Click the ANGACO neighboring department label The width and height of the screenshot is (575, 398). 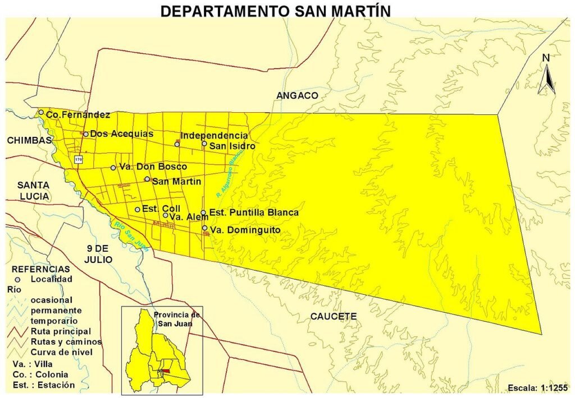(x=297, y=96)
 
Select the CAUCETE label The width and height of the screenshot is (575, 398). (x=334, y=317)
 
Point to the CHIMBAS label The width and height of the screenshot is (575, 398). (x=29, y=141)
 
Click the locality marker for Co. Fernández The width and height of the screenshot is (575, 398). (x=41, y=112)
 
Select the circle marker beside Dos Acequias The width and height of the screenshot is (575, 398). (x=86, y=134)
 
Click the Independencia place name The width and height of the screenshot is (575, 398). (x=214, y=136)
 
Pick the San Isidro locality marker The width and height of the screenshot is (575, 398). (x=204, y=144)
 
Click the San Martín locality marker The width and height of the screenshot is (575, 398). (x=147, y=179)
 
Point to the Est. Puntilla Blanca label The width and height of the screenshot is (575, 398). (x=254, y=213)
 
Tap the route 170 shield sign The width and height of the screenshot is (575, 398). (x=77, y=160)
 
